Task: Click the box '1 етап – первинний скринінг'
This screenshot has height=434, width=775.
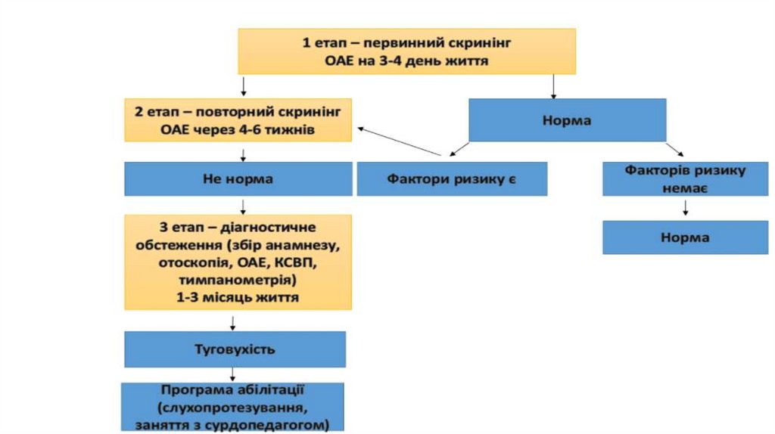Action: [x=407, y=52]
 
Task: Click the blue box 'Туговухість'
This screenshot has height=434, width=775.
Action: [x=235, y=349]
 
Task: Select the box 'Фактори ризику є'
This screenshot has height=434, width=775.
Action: [x=452, y=180]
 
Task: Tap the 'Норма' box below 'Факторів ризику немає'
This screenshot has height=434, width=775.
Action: [x=685, y=237]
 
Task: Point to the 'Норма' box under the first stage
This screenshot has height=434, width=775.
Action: [x=567, y=120]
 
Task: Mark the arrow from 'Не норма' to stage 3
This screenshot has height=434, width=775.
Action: [x=243, y=206]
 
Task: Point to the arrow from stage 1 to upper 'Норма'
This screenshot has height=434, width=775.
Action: [x=554, y=87]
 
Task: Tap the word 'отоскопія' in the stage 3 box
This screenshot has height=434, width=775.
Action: [x=192, y=262]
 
